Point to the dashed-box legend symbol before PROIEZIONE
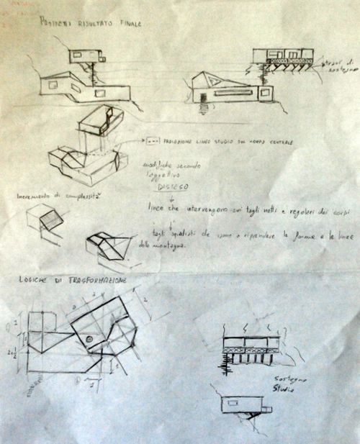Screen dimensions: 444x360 (152, 142)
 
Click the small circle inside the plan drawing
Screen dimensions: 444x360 (90, 339)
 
